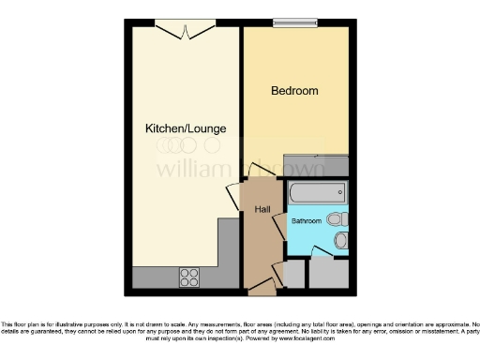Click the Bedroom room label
pyautogui.click(x=294, y=91)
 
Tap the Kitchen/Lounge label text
pyautogui.click(x=186, y=127)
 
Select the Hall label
pyautogui.click(x=262, y=209)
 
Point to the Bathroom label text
pyautogui.click(x=306, y=221)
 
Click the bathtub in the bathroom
pyautogui.click(x=317, y=194)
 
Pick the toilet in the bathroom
pyautogui.click(x=338, y=219)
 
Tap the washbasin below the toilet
pyautogui.click(x=341, y=241)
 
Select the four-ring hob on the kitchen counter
pyautogui.click(x=190, y=277)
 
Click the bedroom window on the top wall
pyautogui.click(x=292, y=22)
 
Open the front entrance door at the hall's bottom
pyautogui.click(x=262, y=285)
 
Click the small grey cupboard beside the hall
pyautogui.click(x=293, y=275)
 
